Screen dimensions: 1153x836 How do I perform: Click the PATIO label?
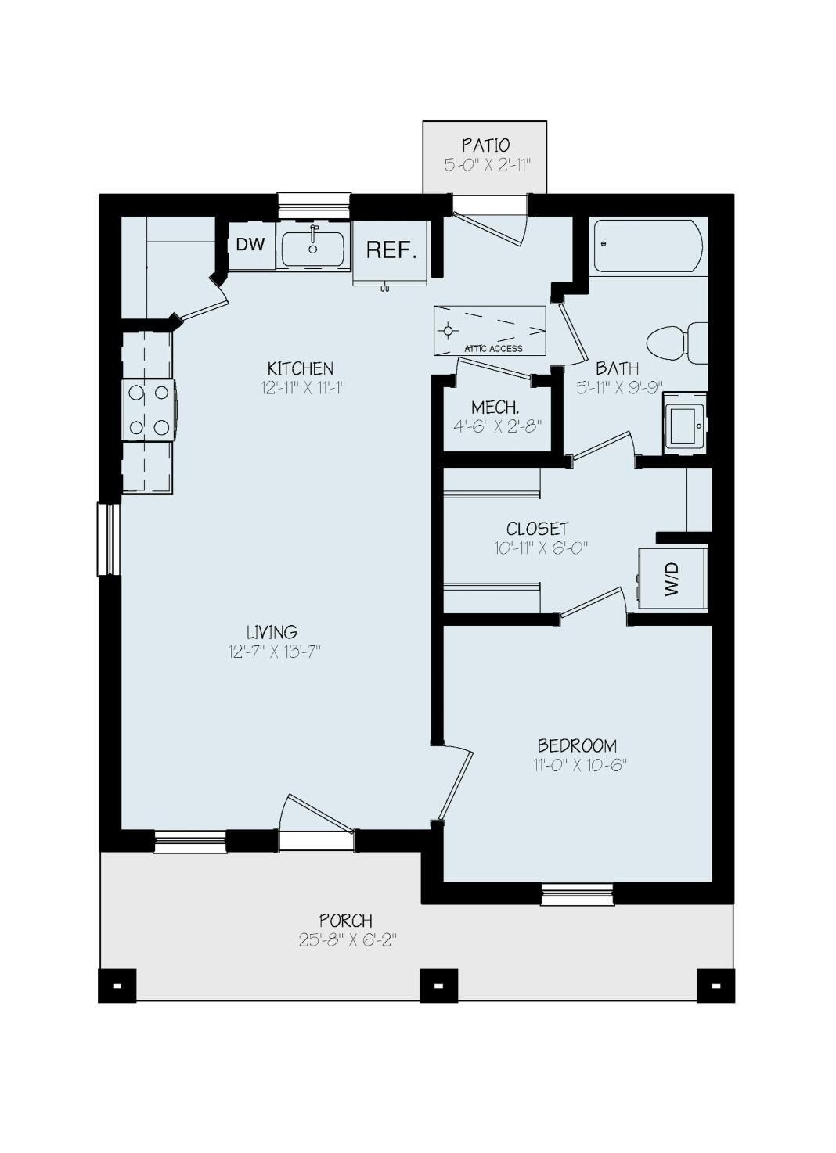pyautogui.click(x=485, y=145)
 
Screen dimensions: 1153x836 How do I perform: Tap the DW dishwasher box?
pyautogui.click(x=250, y=245)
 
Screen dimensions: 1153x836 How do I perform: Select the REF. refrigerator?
pyautogui.click(x=391, y=250)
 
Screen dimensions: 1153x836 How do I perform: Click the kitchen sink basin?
pyautogui.click(x=313, y=249)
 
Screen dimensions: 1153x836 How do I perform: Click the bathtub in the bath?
pyautogui.click(x=647, y=246)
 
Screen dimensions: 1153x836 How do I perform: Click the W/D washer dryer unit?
pyautogui.click(x=672, y=579)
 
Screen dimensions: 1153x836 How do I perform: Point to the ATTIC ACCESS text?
pyautogui.click(x=493, y=349)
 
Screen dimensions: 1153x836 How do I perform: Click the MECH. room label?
pyautogui.click(x=495, y=408)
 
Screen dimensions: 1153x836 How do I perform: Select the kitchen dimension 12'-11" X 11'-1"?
pyautogui.click(x=303, y=387)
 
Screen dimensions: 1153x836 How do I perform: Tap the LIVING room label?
pyautogui.click(x=272, y=631)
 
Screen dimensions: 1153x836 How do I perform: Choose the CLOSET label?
pyautogui.click(x=537, y=529)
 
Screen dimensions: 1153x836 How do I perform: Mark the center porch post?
pyautogui.click(x=438, y=986)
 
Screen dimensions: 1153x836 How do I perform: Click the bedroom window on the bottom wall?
pyautogui.click(x=577, y=893)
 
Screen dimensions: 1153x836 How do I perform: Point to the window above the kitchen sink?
pyautogui.click(x=313, y=207)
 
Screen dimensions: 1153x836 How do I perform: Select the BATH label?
pyautogui.click(x=617, y=368)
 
